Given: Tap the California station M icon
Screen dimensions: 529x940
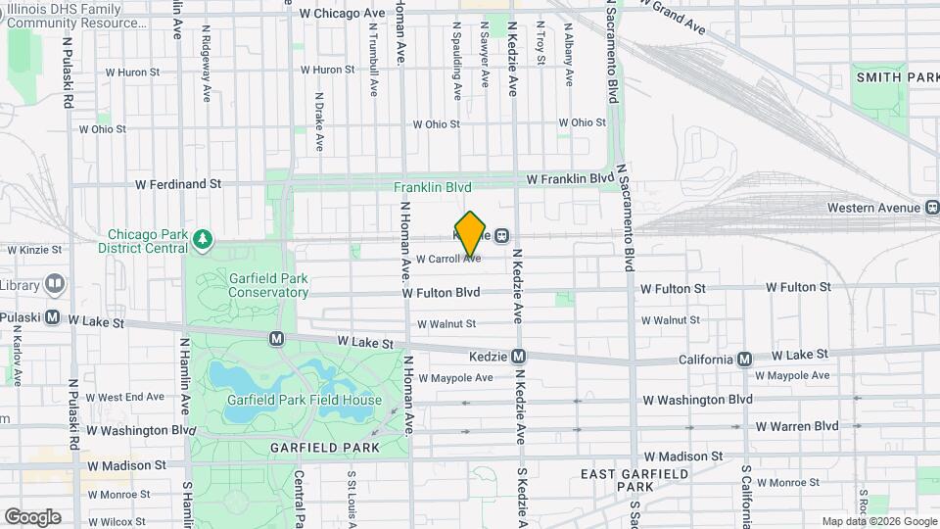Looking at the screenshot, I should pos(744,359).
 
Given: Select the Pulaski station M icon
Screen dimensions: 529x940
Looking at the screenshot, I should pos(54,318).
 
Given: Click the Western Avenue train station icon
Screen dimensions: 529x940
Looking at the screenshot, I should pos(931,207).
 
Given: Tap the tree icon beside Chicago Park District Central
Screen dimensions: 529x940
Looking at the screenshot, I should pos(203,238).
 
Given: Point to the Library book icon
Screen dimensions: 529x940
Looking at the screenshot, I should pos(54,285).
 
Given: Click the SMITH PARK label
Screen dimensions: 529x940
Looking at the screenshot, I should pos(897,76).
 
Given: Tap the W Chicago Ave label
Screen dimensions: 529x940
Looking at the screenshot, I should pos(343,14).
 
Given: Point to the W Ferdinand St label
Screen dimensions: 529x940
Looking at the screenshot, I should pos(178,183).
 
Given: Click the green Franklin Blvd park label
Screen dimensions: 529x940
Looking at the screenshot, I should pos(433,186).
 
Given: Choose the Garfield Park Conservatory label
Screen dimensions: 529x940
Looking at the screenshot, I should pos(268,284).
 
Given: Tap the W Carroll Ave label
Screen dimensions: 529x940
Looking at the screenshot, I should pos(448,260).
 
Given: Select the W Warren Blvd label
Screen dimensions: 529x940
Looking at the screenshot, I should pos(797,426).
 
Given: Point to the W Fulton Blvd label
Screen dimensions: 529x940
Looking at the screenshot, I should pos(441,292).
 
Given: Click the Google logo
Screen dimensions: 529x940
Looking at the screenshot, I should pos(32,517).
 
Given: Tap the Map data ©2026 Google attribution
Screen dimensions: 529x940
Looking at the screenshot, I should pos(877,521).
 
